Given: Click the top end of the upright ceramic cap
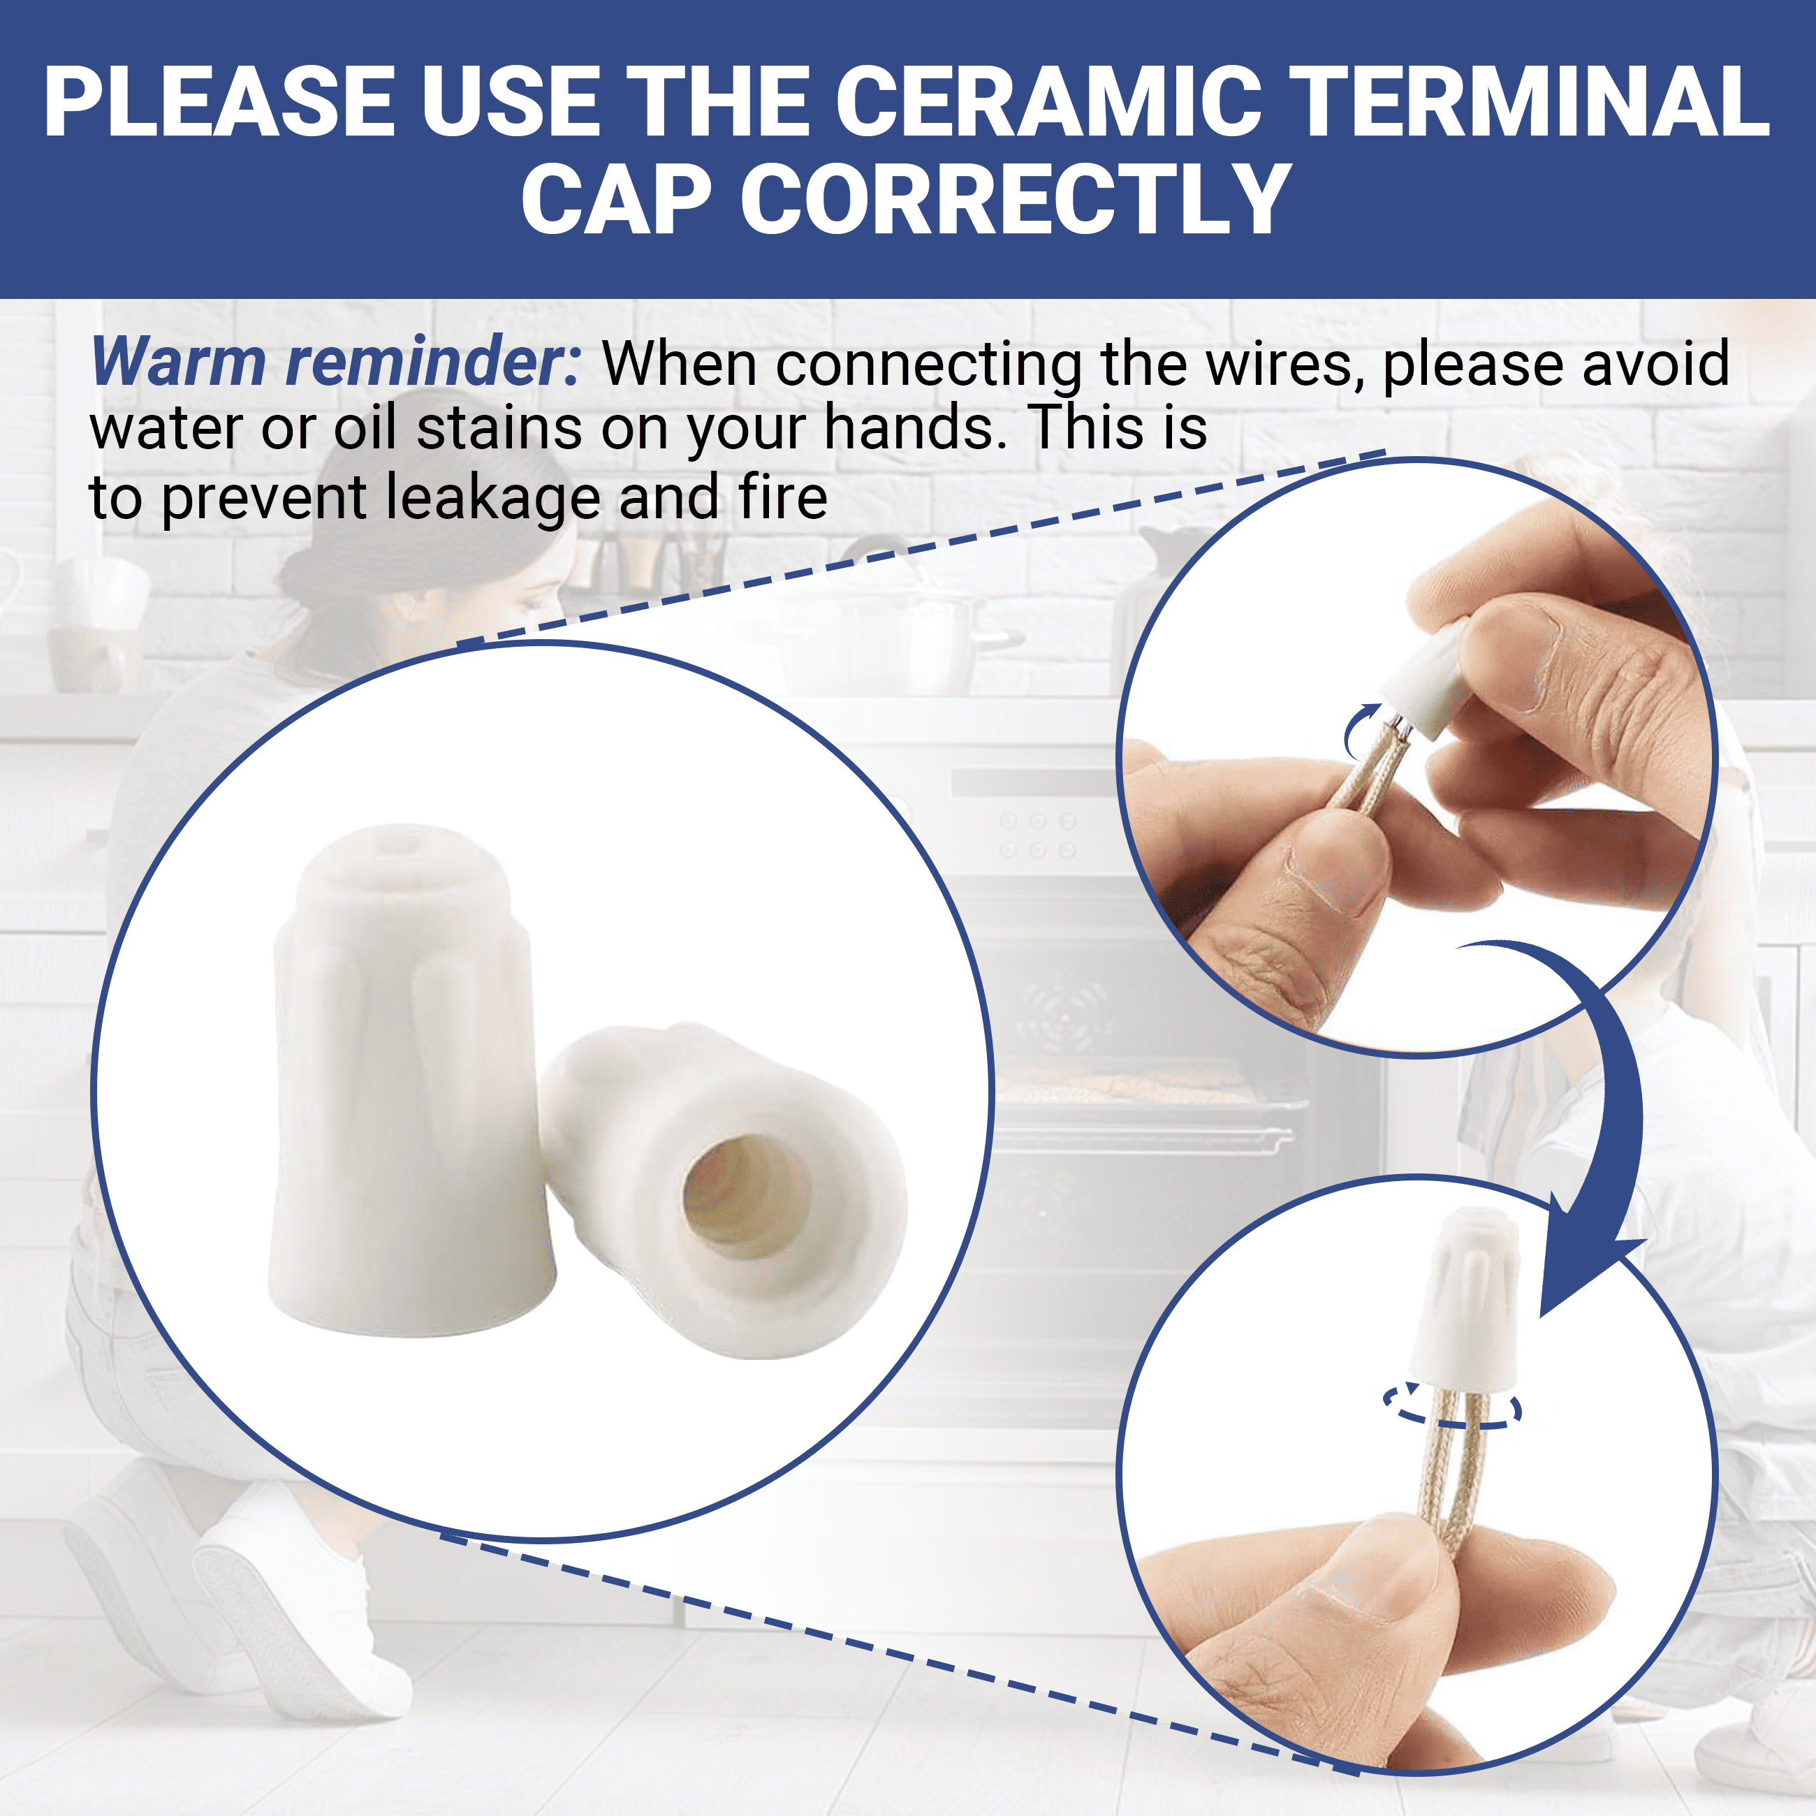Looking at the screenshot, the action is tap(406, 833).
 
